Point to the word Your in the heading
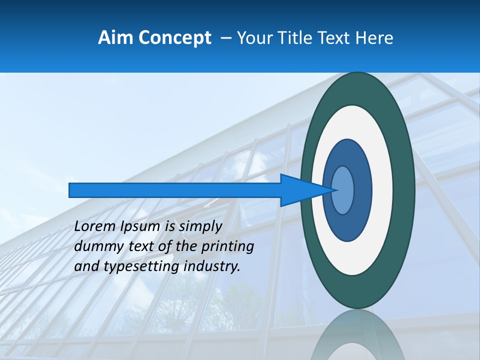[254, 37]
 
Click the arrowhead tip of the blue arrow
[336, 190]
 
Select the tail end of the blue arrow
[70, 190]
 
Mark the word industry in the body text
[212, 266]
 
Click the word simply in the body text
[200, 226]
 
